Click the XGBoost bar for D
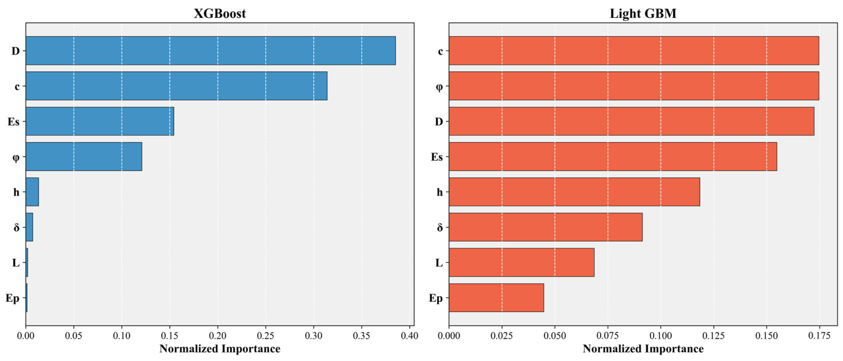pyautogui.click(x=211, y=51)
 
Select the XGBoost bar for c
pyautogui.click(x=176, y=86)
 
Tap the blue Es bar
pyautogui.click(x=100, y=121)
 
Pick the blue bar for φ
pyautogui.click(x=84, y=156)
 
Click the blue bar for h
pyautogui.click(x=32, y=192)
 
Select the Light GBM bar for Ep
pyautogui.click(x=496, y=298)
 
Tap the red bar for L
pyautogui.click(x=521, y=262)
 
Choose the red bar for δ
pyautogui.click(x=545, y=227)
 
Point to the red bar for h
pyautogui.click(x=574, y=192)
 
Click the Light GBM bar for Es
pyautogui.click(x=612, y=156)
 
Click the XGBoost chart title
pyautogui.click(x=220, y=13)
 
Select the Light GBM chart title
pyautogui.click(x=643, y=13)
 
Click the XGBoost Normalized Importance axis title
pyautogui.click(x=220, y=349)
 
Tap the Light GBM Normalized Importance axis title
pyautogui.click(x=643, y=349)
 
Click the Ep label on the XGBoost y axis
pyautogui.click(x=12, y=299)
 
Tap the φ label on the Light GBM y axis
pyautogui.click(x=439, y=87)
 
